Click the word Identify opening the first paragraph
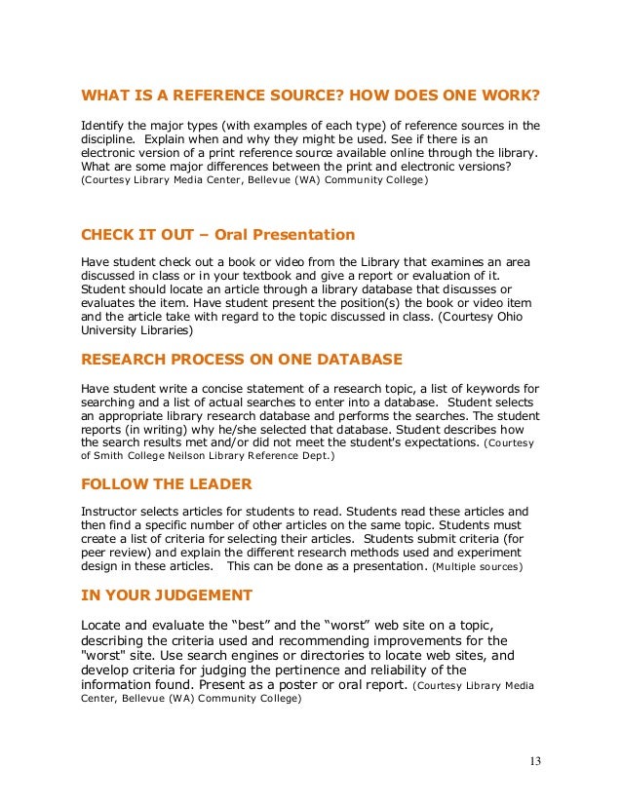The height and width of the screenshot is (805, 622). [x=103, y=127]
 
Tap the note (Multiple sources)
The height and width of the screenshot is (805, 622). [x=477, y=566]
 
